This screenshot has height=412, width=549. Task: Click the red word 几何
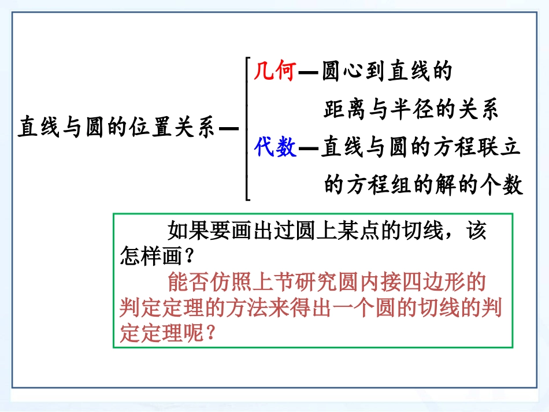pos(274,72)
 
